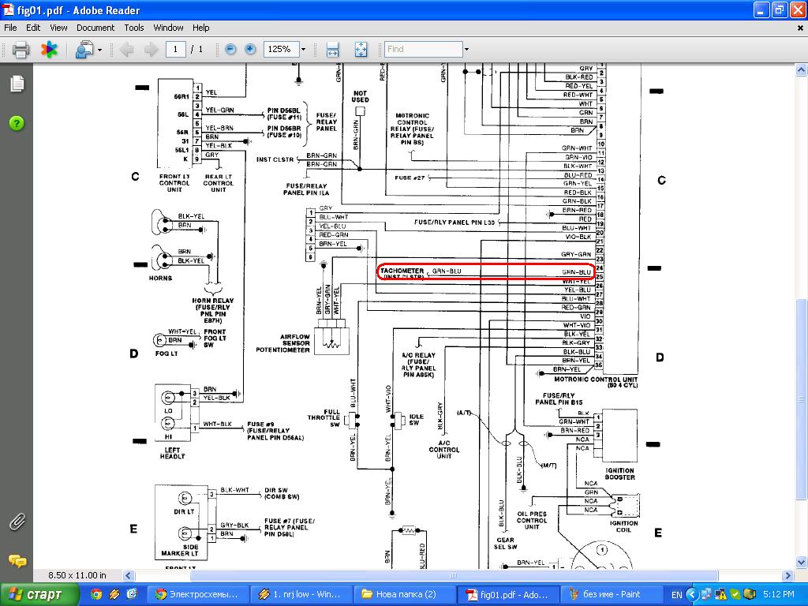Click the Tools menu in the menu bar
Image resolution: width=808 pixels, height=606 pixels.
(x=134, y=28)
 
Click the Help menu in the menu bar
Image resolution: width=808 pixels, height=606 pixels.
(x=201, y=28)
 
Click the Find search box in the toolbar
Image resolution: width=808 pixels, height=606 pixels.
(x=423, y=49)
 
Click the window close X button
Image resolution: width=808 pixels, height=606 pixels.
(x=796, y=10)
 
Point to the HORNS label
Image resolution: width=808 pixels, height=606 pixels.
(x=160, y=278)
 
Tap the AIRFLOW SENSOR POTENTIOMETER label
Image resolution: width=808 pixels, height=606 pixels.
(x=283, y=343)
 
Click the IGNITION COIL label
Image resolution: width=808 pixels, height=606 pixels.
(x=624, y=527)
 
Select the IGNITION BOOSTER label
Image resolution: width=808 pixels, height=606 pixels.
(x=619, y=474)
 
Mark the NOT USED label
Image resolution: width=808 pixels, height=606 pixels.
(x=360, y=96)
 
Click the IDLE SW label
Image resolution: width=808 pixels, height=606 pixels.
(x=413, y=419)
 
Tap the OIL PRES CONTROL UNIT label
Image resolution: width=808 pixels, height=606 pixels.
(x=532, y=521)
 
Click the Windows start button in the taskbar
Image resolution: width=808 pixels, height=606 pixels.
(x=40, y=594)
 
